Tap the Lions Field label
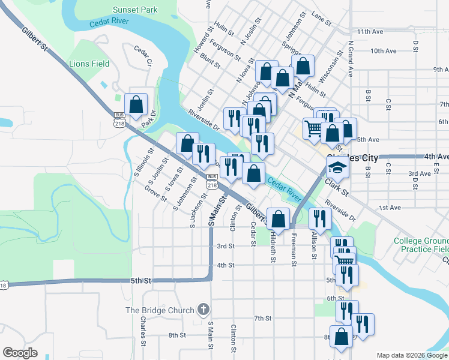(89, 64)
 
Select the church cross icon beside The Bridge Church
(203, 310)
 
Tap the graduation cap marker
(338, 169)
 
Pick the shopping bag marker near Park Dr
(136, 104)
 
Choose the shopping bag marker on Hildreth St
(278, 219)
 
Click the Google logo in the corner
(20, 353)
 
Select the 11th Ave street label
(370, 31)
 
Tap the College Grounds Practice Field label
(421, 245)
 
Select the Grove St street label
(155, 193)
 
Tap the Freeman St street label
(294, 246)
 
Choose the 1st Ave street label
(390, 208)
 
